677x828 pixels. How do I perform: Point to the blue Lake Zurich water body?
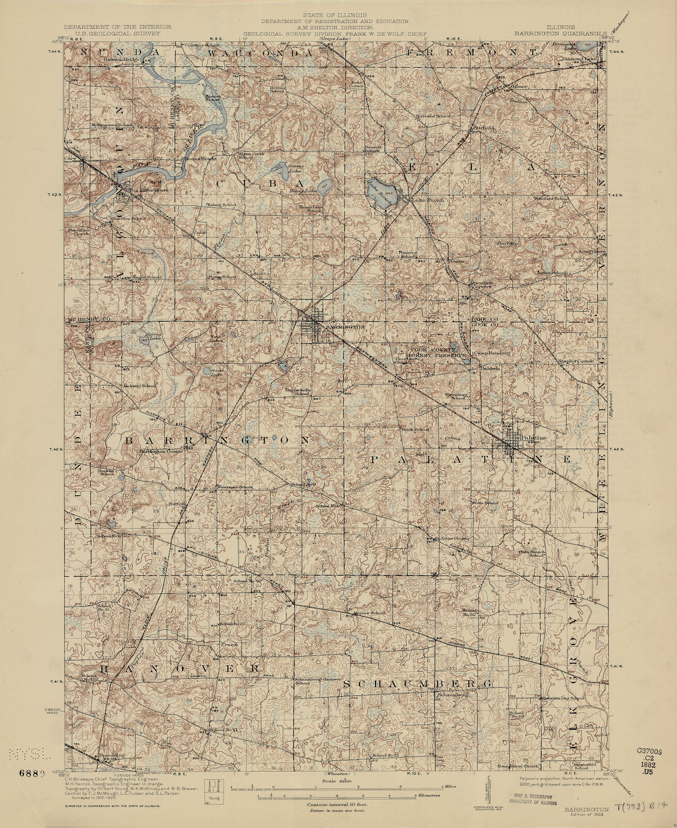(x=382, y=193)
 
